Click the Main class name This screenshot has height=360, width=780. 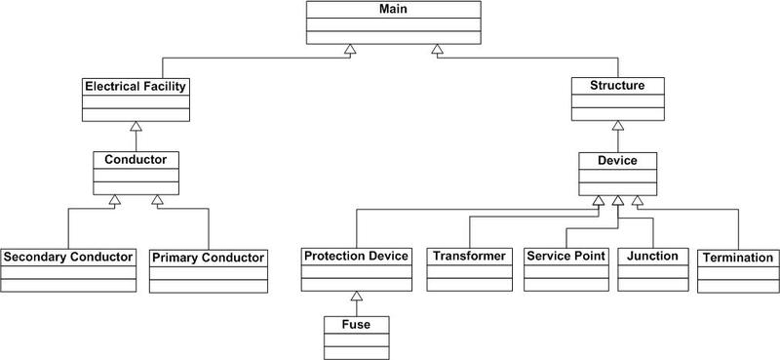[394, 9]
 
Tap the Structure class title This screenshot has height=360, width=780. [617, 86]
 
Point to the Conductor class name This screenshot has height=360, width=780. [136, 158]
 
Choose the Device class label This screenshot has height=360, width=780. [617, 158]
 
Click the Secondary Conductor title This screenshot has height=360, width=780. [67, 258]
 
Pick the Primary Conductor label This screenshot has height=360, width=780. [209, 258]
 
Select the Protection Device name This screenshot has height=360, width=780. [357, 257]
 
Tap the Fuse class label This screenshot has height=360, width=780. [357, 323]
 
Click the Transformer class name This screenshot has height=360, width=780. [470, 257]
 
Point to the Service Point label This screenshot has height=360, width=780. [566, 257]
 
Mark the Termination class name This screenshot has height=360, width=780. [738, 258]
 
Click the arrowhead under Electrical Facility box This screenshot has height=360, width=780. [136, 126]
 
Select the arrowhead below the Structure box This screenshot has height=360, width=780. [617, 126]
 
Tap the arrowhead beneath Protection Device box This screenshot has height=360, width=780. [357, 296]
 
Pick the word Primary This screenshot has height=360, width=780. [176, 258]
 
